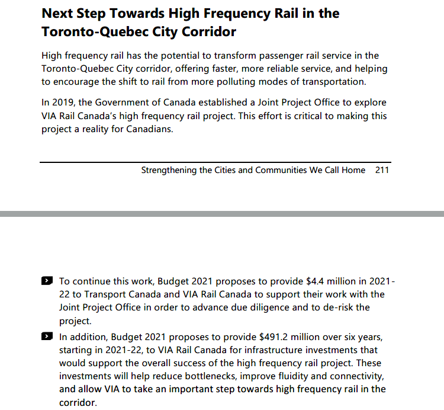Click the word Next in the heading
(59, 13)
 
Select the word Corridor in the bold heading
(207, 31)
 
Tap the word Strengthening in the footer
(168, 170)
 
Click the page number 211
(382, 170)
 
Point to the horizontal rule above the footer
(215, 162)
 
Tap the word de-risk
(336, 307)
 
